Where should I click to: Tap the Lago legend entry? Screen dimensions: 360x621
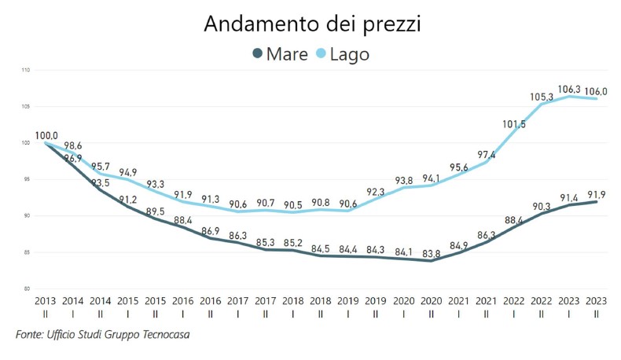point(340,54)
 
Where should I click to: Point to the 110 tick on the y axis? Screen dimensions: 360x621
point(26,70)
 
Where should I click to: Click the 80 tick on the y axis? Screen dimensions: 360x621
point(26,288)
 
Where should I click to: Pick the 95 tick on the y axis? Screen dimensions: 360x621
point(26,179)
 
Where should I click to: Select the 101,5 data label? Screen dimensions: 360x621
point(513,124)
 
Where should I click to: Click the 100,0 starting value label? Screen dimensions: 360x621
point(46,136)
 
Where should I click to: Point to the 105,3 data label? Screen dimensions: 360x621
point(541,97)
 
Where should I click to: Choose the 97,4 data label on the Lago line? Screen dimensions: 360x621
point(486,154)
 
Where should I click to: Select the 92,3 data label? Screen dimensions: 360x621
point(376,191)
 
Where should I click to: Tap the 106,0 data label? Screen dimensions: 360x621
point(595,91)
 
